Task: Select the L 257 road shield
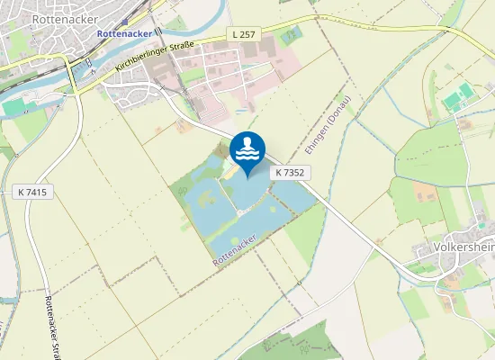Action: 243,33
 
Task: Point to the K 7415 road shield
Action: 32,193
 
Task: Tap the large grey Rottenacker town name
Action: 58,17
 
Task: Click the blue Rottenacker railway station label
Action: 124,34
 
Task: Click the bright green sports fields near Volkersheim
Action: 459,97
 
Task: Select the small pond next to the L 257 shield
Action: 290,37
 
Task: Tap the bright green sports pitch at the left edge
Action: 13,106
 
